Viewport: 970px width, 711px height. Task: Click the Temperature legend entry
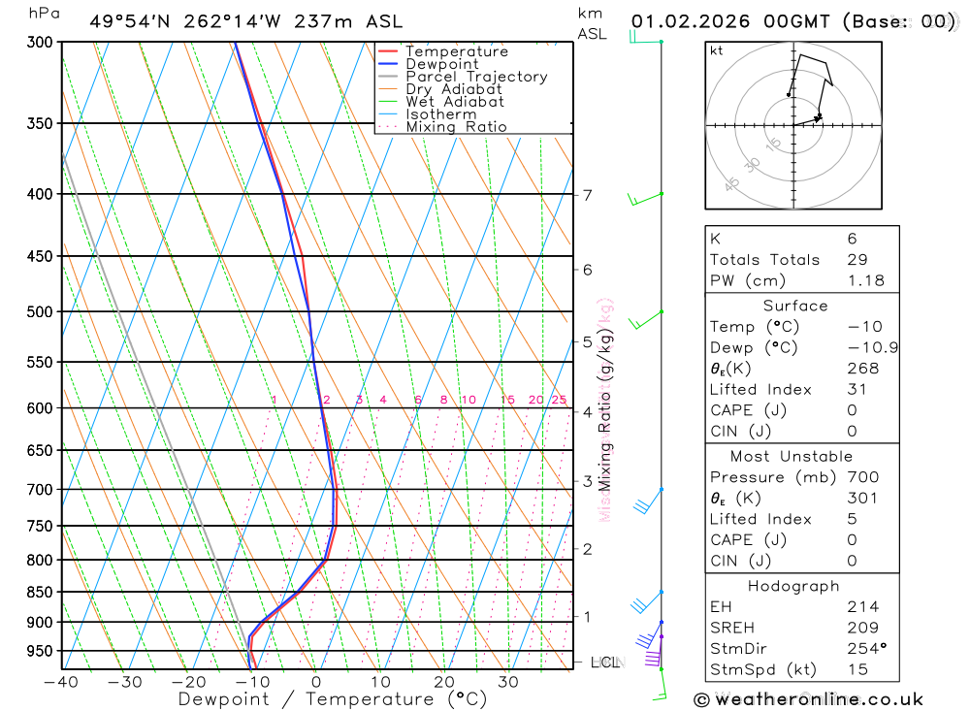pos(456,51)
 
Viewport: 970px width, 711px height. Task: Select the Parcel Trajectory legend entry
pos(475,77)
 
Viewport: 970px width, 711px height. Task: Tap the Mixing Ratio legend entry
pos(456,127)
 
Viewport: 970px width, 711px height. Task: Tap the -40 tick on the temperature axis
pos(61,682)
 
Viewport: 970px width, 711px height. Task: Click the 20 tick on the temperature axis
pos(444,682)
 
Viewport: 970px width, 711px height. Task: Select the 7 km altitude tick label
pos(587,195)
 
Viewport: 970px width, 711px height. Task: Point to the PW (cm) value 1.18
pos(865,280)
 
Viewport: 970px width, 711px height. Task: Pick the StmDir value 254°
pos(865,648)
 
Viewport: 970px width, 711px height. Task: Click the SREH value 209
pos(862,628)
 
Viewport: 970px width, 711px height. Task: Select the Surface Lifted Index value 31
pos(857,389)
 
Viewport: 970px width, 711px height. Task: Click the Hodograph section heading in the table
pos(794,586)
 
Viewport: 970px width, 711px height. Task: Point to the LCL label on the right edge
pos(604,663)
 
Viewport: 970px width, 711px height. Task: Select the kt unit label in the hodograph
pos(716,50)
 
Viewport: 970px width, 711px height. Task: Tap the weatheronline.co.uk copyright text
pos(808,698)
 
